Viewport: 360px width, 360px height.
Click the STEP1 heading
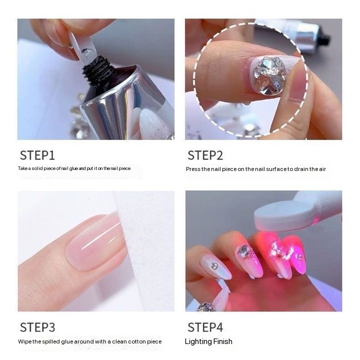click(x=37, y=155)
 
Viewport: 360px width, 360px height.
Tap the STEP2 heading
click(x=205, y=155)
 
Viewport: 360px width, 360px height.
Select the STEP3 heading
click(x=37, y=327)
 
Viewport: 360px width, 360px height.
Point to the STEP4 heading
click(x=205, y=327)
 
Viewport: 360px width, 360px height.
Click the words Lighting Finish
click(x=208, y=341)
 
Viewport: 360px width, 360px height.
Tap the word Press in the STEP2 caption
click(x=193, y=169)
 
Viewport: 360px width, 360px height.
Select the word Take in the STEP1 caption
click(x=22, y=168)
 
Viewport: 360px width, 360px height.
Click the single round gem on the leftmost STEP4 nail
click(x=214, y=265)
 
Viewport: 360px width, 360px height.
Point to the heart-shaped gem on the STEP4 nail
click(x=243, y=250)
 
